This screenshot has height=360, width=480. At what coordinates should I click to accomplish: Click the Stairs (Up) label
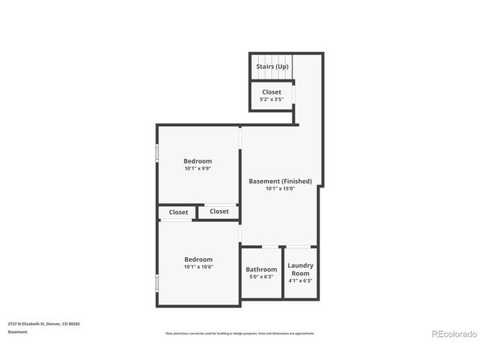tap(271, 67)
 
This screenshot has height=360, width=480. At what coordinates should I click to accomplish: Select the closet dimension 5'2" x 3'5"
tap(271, 99)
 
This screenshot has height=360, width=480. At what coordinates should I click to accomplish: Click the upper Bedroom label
tap(198, 161)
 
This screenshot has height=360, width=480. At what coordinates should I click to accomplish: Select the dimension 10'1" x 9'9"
tap(198, 169)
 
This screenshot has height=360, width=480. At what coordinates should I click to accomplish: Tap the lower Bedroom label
tap(199, 259)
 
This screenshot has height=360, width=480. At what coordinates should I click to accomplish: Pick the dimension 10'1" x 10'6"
tap(199, 267)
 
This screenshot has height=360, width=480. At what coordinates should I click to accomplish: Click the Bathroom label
tap(262, 269)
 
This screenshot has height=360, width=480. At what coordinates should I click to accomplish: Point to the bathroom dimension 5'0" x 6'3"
tap(262, 277)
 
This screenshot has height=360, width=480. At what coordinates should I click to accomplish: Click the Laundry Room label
tap(301, 269)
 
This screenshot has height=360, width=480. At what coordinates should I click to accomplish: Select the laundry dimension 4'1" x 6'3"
tap(301, 281)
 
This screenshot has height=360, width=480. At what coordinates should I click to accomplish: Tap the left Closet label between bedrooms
tap(178, 212)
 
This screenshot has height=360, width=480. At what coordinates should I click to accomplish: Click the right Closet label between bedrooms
tap(219, 211)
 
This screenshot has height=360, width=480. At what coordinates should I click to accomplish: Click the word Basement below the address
tap(18, 331)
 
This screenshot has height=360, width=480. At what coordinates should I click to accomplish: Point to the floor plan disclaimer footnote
tap(240, 334)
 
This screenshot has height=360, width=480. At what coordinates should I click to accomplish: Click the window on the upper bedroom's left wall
tap(157, 152)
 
